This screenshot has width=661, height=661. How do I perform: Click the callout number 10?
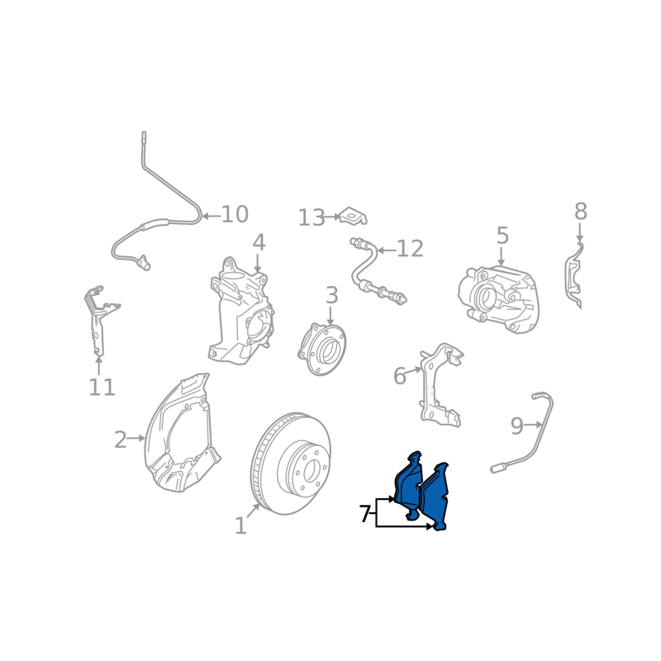pos(235,214)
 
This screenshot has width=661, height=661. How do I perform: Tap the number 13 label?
pos(311,218)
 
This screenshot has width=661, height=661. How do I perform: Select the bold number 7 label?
pos(365,514)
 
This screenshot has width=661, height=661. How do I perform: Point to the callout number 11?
pos(102,387)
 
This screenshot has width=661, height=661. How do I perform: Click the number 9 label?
pos(517,426)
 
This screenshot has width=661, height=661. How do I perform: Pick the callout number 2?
pos(121,440)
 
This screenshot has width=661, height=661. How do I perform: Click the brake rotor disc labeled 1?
pos(291,464)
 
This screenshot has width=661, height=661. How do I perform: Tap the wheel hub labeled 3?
pos(322,349)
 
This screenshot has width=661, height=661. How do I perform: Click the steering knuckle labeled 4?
pos(241,311)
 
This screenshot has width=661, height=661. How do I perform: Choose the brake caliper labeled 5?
pos(499,299)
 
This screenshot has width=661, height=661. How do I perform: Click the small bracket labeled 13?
pos(354,216)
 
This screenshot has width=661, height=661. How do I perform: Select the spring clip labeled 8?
pos(574,275)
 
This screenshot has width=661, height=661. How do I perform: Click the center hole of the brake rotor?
pos(311,469)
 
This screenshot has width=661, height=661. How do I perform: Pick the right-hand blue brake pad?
pos(435,497)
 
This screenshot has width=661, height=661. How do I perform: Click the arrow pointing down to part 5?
pos(502,256)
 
